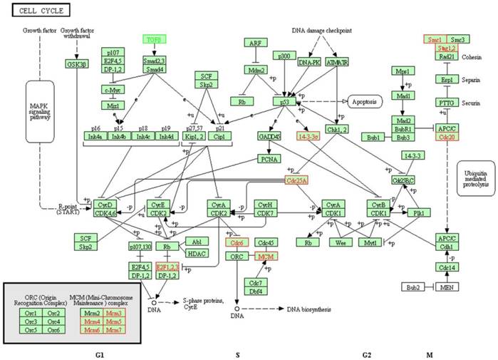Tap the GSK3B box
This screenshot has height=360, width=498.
coord(77,63)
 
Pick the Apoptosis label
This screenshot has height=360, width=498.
coord(365,102)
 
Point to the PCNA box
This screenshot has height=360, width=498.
coord(268,159)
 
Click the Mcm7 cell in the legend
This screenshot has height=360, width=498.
coord(113,330)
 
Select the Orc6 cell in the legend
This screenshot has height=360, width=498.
coord(53,330)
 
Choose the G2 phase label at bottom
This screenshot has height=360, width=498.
coord(366,354)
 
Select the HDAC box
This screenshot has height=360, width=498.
coord(197,253)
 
